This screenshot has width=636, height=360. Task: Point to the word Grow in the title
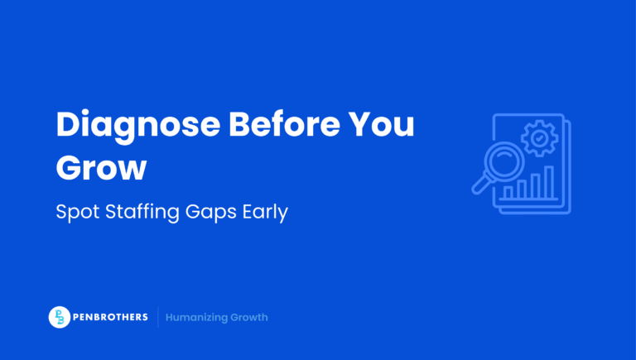coord(101,167)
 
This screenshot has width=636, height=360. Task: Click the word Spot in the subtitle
coord(74,212)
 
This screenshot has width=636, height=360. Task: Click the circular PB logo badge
coord(60,317)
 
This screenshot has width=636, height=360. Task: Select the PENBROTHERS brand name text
coord(111,317)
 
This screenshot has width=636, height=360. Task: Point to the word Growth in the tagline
coord(249,317)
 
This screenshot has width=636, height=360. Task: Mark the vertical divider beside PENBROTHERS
coord(158,317)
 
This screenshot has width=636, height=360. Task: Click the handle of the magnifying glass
coord(480,185)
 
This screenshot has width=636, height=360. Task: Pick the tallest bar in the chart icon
coord(547,183)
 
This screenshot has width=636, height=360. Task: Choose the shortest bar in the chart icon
coord(508,192)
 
